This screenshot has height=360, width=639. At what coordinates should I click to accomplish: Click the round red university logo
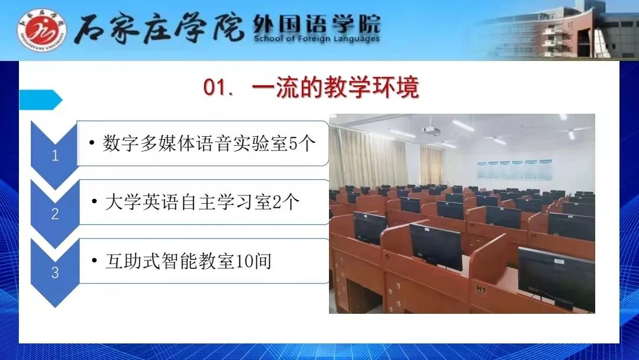(x=42, y=31)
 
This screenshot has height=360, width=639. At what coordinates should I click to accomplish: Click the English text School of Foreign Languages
(x=317, y=38)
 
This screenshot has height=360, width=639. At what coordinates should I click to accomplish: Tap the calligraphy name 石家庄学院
(x=159, y=28)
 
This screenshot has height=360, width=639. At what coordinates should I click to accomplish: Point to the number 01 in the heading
(x=215, y=88)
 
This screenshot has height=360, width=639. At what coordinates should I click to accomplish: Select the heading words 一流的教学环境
(x=335, y=87)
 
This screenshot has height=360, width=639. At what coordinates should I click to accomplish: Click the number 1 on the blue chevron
(x=55, y=155)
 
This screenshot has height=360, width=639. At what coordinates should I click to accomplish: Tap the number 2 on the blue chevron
(x=55, y=214)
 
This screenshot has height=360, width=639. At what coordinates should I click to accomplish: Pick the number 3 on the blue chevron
(x=55, y=273)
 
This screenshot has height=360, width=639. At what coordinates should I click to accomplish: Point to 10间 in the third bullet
(x=253, y=261)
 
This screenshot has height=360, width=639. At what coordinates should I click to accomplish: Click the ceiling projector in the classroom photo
(x=431, y=130)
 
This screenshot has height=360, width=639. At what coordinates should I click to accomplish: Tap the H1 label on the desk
(x=481, y=290)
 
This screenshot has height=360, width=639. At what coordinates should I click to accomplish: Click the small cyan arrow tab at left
(x=40, y=100)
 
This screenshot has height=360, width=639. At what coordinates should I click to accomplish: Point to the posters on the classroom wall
(x=515, y=169)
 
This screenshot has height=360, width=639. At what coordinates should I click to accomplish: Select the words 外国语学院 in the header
(x=317, y=24)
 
